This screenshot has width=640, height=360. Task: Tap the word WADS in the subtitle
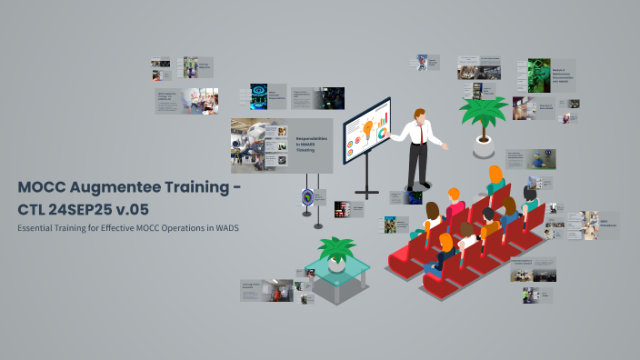coord(226,227)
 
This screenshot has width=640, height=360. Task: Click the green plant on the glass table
coord(336,247)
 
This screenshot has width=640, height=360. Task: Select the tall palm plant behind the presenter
coord(482,114)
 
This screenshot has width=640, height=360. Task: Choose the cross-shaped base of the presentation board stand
coord(367,193)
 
